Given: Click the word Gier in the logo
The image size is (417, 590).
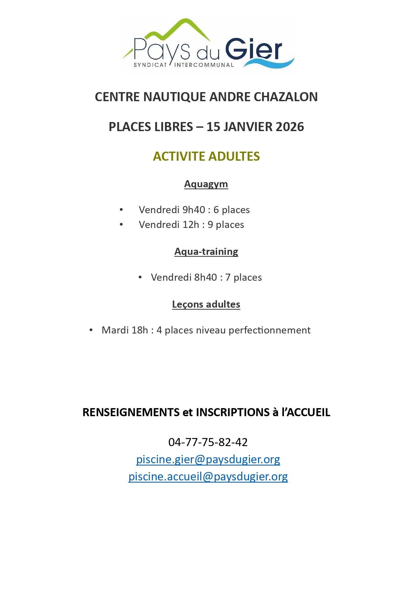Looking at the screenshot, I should (x=253, y=50).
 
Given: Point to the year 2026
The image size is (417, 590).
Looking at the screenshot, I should (x=290, y=127).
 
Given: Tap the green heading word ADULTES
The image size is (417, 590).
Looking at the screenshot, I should (x=234, y=156).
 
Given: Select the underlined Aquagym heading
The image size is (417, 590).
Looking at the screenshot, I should (x=206, y=184).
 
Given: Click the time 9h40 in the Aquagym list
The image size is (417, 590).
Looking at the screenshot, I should (x=194, y=210).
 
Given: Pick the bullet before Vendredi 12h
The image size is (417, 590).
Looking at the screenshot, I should (x=121, y=224).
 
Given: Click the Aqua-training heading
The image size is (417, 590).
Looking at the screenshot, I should (x=206, y=251).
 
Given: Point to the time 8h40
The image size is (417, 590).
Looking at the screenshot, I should (x=206, y=277).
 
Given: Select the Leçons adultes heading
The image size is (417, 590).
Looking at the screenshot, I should (x=206, y=304).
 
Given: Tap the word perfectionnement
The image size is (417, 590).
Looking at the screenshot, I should (x=269, y=330).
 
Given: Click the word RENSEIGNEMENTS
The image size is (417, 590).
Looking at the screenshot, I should (x=131, y=412).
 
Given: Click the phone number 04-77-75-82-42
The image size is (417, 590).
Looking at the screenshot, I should (x=208, y=442).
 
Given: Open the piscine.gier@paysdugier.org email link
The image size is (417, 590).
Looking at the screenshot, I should (x=208, y=459).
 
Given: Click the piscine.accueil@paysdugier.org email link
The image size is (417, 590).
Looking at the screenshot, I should (x=208, y=476).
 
